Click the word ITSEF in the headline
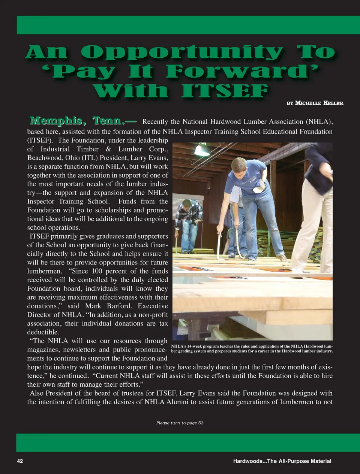224,91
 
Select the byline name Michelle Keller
319,103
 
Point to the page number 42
20,461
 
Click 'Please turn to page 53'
180,423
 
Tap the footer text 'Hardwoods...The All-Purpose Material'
282,461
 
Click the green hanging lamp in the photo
202,150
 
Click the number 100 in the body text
97,271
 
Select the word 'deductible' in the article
43,332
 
